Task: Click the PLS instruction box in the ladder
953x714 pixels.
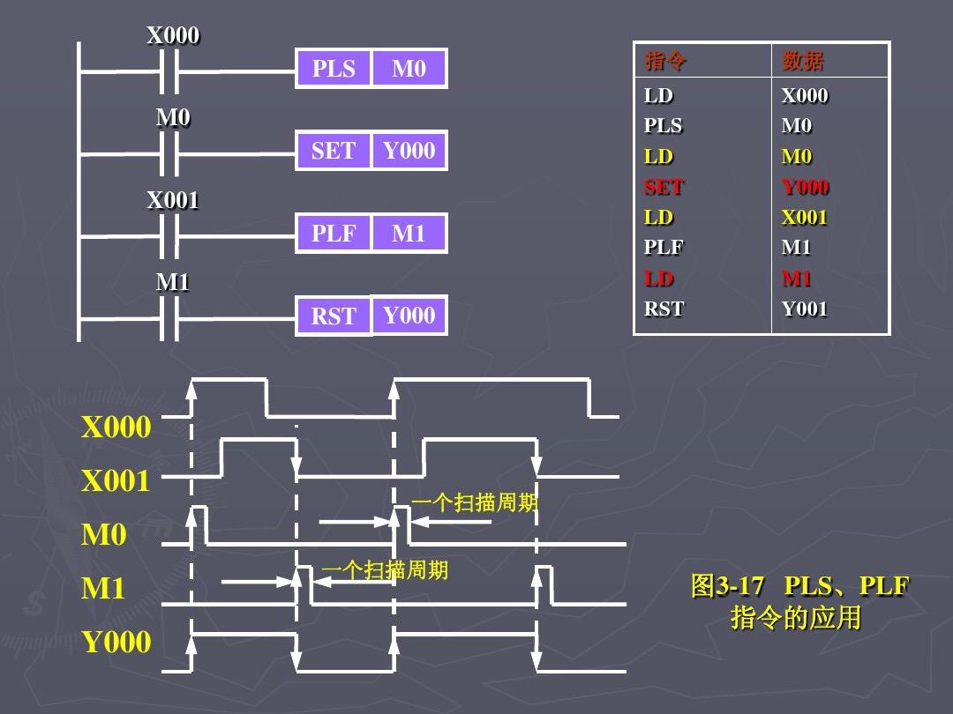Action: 334,69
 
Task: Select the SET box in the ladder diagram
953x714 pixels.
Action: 333,151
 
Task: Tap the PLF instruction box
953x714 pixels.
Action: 334,234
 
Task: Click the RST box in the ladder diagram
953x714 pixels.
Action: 333,316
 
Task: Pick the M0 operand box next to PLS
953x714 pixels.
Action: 409,69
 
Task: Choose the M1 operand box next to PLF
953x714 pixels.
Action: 409,234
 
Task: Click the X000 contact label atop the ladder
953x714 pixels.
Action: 173,36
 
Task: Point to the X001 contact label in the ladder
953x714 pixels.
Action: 173,201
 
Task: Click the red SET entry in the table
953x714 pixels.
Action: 664,187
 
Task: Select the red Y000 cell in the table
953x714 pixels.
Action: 805,187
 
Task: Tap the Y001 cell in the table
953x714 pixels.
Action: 805,309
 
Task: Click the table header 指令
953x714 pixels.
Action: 666,61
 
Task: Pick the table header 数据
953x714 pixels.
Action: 803,61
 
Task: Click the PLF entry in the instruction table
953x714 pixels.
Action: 664,248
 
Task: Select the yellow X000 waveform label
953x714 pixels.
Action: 116,428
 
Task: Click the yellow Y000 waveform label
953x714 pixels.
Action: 116,643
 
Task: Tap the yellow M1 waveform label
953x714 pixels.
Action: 103,589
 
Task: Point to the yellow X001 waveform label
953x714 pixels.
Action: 116,482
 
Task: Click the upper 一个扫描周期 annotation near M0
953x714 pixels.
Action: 475,503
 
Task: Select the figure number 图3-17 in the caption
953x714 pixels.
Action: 727,587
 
